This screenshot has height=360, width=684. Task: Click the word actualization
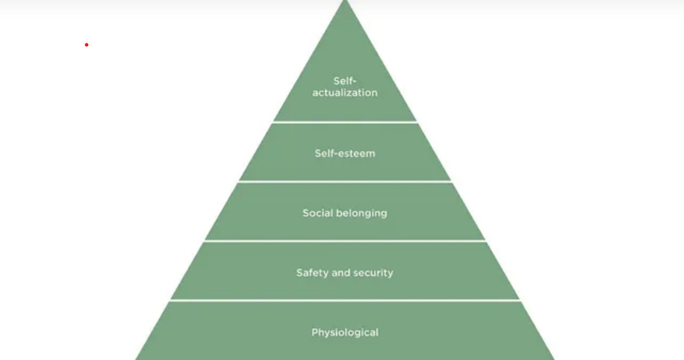345,93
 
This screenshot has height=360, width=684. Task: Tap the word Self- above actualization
345,81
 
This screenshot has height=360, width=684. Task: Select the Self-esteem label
345,153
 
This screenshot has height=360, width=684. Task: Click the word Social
317,213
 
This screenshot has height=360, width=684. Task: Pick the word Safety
312,273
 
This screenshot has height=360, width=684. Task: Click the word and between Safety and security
341,273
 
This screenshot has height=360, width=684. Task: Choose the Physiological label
345,332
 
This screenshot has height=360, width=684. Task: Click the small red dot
87,45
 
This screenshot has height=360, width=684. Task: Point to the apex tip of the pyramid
345,2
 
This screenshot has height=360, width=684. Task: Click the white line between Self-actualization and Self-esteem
345,122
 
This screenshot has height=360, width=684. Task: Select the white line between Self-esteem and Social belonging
345,181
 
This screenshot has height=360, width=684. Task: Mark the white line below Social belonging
345,240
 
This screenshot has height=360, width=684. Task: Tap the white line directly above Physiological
345,300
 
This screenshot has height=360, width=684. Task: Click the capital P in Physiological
314,332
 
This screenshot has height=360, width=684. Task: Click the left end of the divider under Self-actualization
275,122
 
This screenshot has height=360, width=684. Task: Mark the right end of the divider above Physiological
518,300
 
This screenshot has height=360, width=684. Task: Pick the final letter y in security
391,273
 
